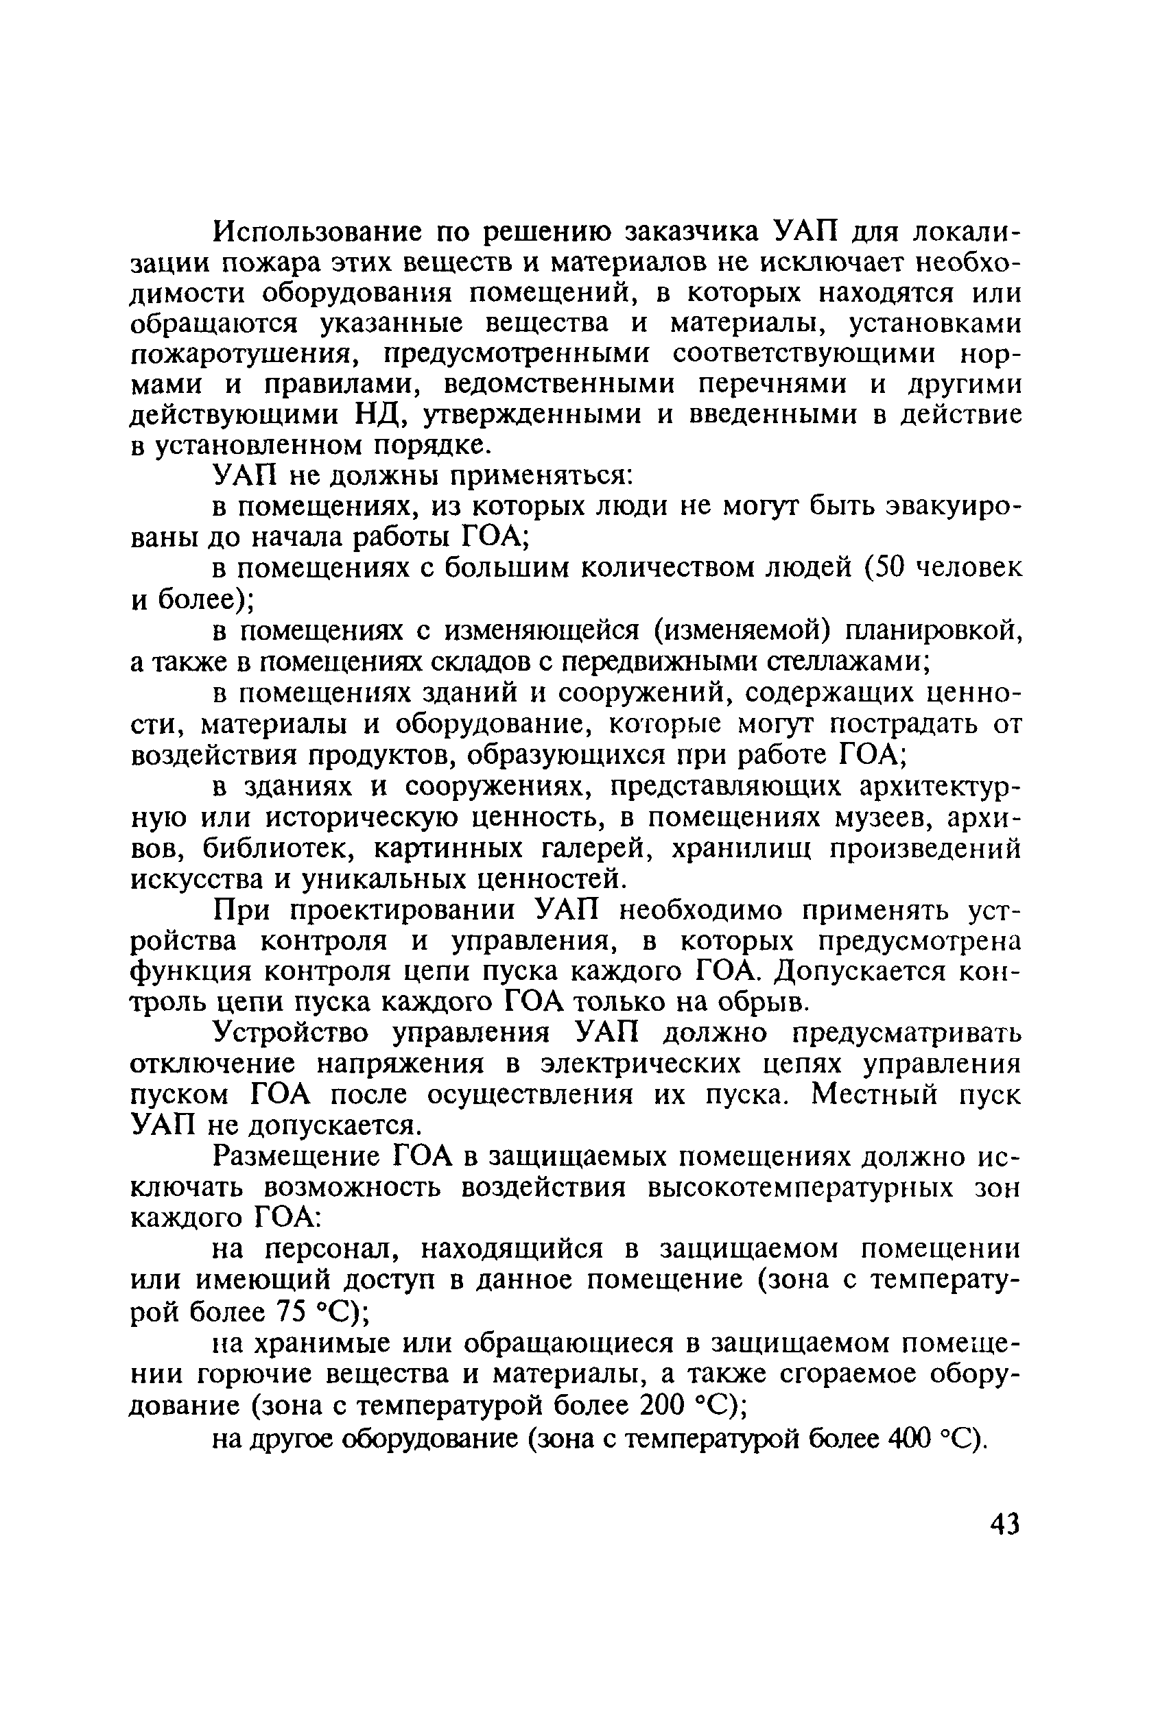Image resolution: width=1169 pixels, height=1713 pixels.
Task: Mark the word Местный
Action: click(x=875, y=1096)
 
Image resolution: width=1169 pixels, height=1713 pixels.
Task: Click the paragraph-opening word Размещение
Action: click(x=294, y=1158)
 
